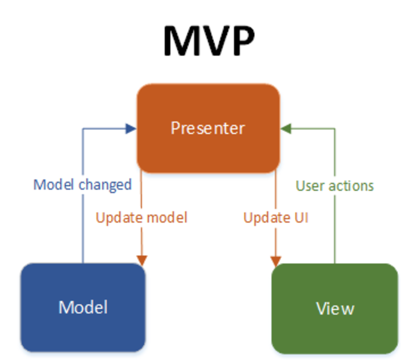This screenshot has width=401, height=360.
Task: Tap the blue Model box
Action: tap(83, 307)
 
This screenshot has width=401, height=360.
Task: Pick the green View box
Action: tap(335, 308)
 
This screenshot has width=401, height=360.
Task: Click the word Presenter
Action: tap(208, 128)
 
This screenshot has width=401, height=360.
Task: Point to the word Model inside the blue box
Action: tap(83, 307)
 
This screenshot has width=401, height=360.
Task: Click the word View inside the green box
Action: tap(335, 308)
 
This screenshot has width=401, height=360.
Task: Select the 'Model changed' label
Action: tap(83, 185)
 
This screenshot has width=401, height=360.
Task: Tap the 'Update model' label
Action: tap(141, 217)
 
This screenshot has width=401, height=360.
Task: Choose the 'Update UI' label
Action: tap(275, 217)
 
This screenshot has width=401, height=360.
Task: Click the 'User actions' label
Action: tap(335, 185)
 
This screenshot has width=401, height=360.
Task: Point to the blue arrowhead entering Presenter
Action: tap(131, 129)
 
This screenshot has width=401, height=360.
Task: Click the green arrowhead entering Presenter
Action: tap(286, 128)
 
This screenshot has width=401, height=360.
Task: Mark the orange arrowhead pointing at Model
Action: tap(141, 260)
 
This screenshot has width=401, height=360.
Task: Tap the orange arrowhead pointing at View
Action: tap(275, 261)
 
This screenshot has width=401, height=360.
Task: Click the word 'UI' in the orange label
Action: tap(300, 217)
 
